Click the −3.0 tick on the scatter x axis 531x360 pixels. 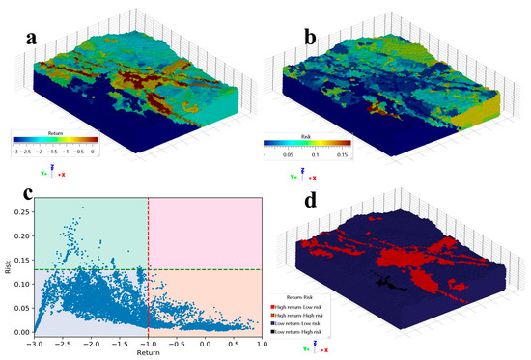[36, 345]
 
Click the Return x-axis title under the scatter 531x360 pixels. [148, 354]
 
